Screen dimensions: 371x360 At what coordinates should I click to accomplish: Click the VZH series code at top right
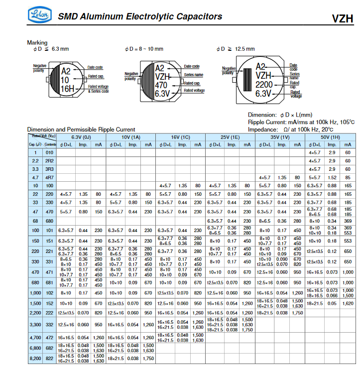[343, 19]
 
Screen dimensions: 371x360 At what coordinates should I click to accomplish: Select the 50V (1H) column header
[331, 136]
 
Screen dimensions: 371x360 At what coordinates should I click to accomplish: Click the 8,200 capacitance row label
[35, 358]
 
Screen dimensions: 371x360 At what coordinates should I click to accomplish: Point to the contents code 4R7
[49, 177]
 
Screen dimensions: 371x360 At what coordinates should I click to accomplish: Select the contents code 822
[49, 358]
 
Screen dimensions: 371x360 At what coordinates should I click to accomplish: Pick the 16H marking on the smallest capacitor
[67, 88]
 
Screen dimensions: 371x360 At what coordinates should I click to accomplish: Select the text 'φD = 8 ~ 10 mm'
[144, 49]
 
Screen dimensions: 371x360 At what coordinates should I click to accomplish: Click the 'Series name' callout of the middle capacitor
[193, 75]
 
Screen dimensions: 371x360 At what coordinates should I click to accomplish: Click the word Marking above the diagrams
[37, 43]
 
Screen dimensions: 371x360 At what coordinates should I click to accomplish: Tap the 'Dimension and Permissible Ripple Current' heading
[81, 129]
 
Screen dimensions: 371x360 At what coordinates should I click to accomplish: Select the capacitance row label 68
[35, 221]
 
